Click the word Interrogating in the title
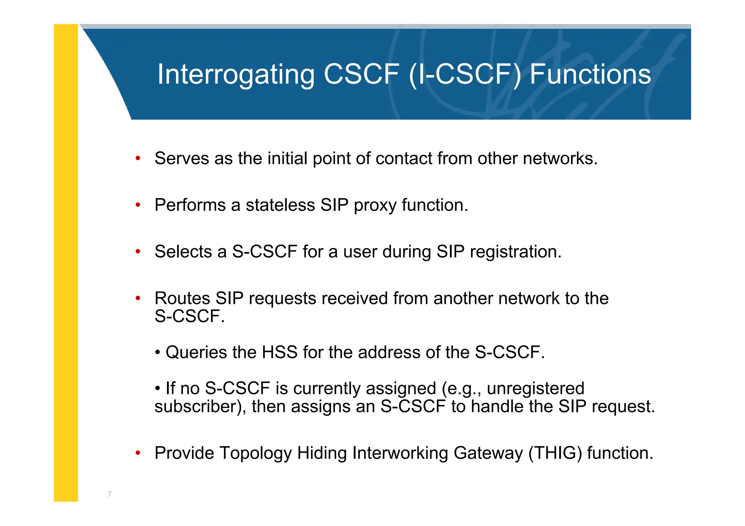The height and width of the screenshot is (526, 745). pos(236,75)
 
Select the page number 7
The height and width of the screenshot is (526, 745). pos(109,494)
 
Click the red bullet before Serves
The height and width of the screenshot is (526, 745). pos(138,158)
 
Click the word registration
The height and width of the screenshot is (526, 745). pos(515,252)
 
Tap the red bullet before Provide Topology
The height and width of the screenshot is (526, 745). pos(138,453)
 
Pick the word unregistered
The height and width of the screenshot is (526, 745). pos(535,388)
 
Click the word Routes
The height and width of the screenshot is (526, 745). pos(182,298)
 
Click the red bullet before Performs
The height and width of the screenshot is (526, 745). pos(138,205)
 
